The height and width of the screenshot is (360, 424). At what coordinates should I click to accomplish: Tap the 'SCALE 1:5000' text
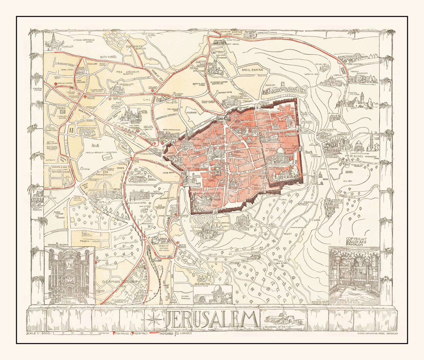click(x=38, y=333)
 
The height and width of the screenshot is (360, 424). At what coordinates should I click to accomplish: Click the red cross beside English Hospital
click(x=56, y=84)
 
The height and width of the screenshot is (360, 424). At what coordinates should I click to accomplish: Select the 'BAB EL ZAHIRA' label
click(x=252, y=70)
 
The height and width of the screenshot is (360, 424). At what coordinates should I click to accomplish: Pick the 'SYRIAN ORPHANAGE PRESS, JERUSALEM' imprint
click(x=377, y=334)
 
